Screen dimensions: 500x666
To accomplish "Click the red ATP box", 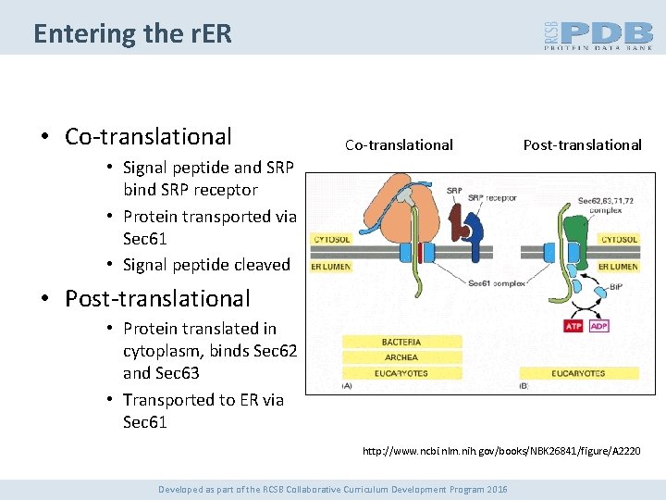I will (x=574, y=326).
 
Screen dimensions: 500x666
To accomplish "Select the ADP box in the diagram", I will (x=598, y=326).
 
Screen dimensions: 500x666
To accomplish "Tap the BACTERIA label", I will (x=401, y=342).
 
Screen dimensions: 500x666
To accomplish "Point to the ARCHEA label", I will (x=401, y=357).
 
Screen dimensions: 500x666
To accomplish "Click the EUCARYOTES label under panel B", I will (x=579, y=373).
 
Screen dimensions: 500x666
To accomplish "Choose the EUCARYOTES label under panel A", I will (x=401, y=373).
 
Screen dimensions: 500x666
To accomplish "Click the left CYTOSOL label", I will (x=332, y=239).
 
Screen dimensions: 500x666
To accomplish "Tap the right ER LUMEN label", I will (x=618, y=267).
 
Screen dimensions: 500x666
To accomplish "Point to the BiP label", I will (x=614, y=288).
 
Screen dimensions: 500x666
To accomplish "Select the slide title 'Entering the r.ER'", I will (x=132, y=34).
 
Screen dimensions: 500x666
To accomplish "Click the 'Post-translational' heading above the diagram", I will (x=582, y=144).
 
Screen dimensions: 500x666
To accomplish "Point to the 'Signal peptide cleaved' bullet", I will (x=206, y=265).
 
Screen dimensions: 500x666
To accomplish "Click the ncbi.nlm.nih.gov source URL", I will (x=500, y=451).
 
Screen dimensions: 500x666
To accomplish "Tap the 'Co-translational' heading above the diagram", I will (x=399, y=144).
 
